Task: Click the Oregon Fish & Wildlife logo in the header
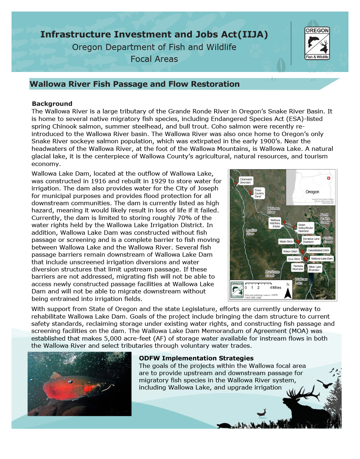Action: (317, 43)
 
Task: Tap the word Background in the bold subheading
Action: (52, 104)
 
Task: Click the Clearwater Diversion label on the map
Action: (246, 181)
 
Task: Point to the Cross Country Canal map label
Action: (259, 193)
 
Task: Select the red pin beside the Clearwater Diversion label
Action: (236, 184)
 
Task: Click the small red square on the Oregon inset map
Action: (328, 178)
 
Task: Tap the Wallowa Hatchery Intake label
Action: (275, 223)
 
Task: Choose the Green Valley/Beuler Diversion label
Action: (305, 228)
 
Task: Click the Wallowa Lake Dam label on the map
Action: (321, 258)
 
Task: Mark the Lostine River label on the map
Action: (251, 232)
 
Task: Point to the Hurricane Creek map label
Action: (272, 274)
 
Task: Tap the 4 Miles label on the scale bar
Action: (276, 288)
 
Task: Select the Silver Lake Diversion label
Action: (314, 269)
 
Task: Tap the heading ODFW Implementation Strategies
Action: (196, 358)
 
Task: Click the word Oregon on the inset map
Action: (312, 192)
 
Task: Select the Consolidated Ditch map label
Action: (318, 250)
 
